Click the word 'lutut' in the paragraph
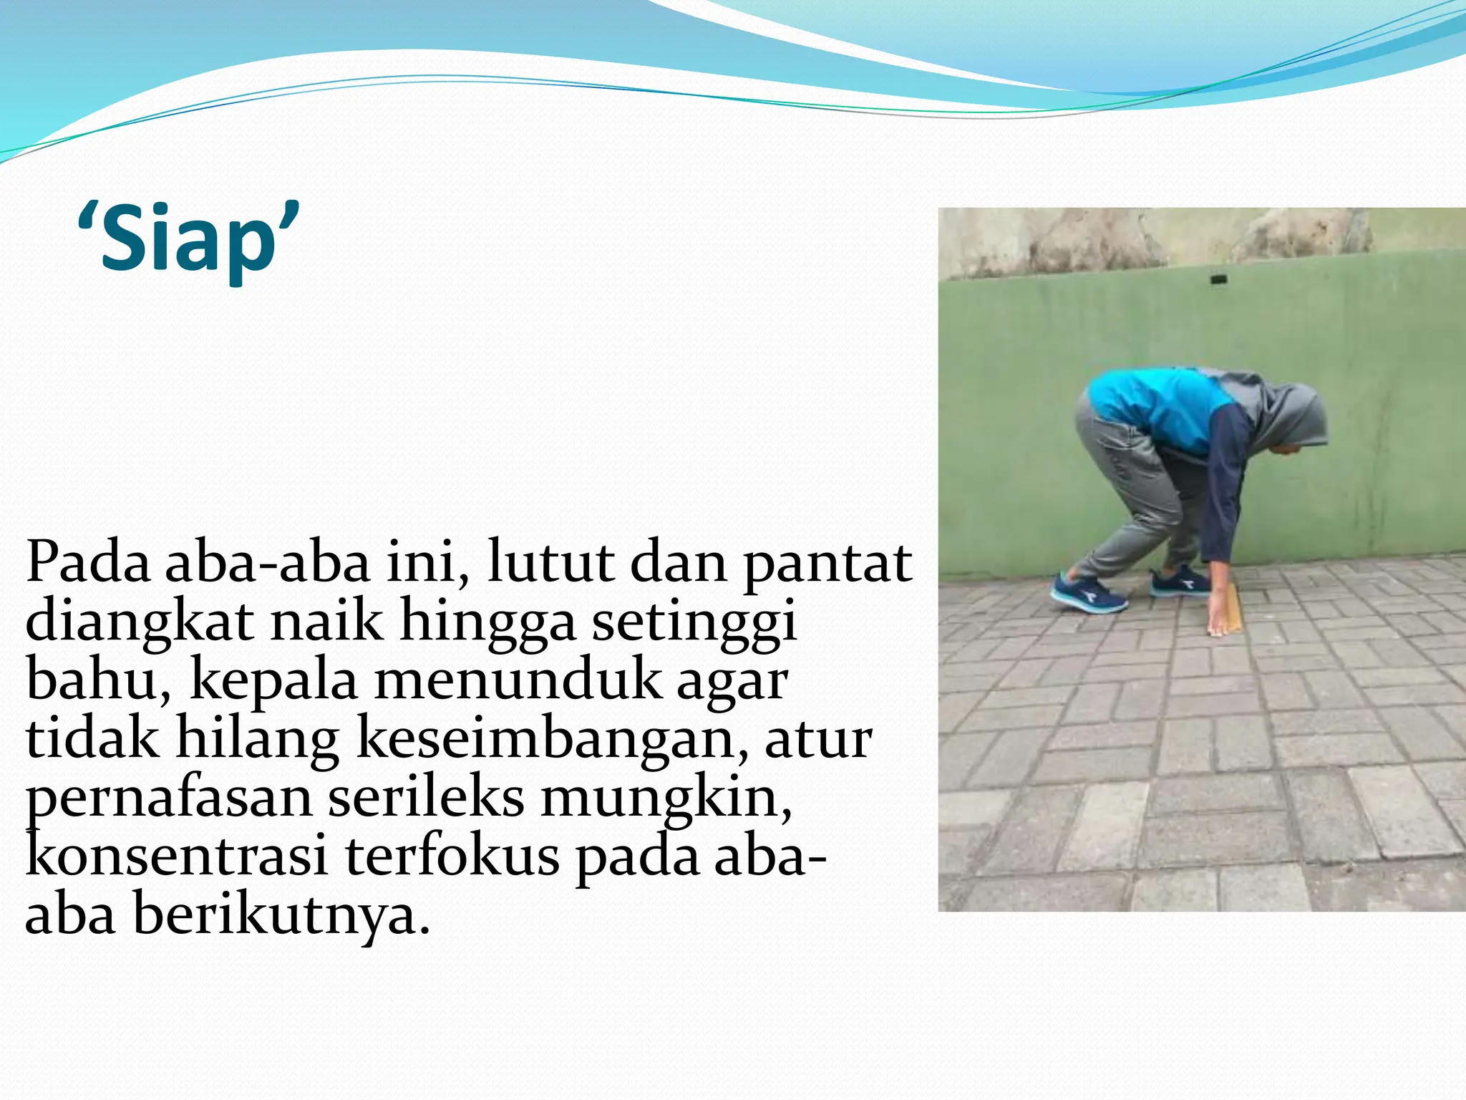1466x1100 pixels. (x=550, y=564)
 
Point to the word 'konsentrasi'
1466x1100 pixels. (x=176, y=857)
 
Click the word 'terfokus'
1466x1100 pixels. (x=452, y=857)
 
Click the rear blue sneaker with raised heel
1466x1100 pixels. (x=1082, y=592)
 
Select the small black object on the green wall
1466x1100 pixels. (x=1219, y=279)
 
